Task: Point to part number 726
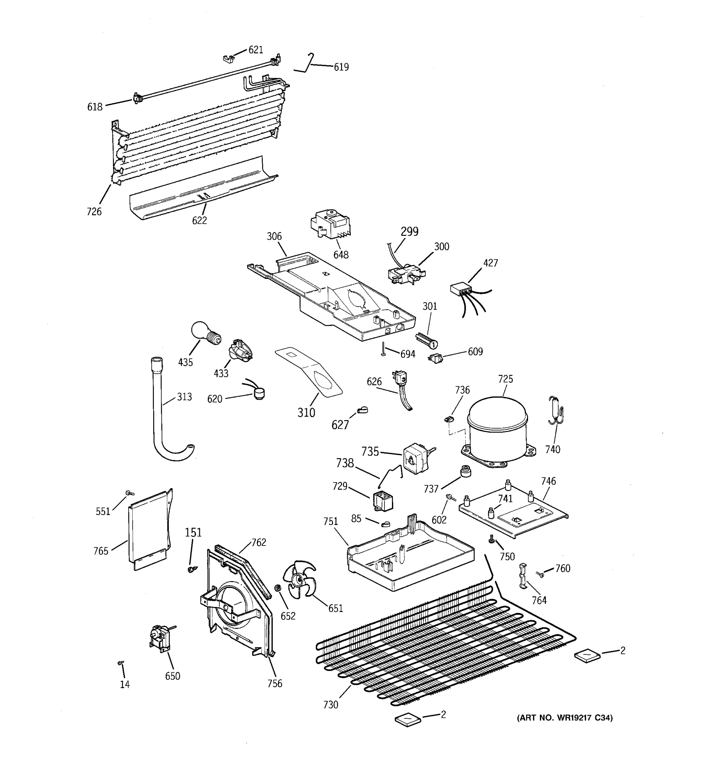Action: pos(94,212)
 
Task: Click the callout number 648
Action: pos(341,255)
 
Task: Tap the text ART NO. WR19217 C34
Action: pos(564,718)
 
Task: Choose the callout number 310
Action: pos(306,412)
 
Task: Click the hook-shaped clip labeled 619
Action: pos(306,64)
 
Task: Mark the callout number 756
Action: pos(274,684)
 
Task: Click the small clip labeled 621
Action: pos(229,59)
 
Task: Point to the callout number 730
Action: pos(330,704)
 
